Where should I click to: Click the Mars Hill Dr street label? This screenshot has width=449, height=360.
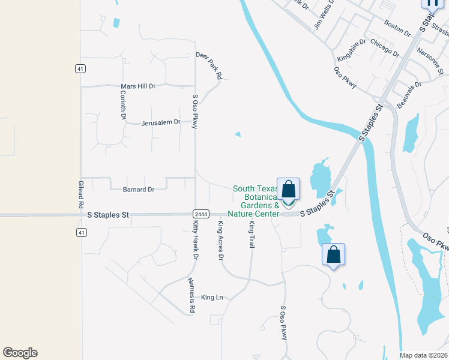tap(138, 86)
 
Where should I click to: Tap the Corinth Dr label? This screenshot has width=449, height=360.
tap(123, 107)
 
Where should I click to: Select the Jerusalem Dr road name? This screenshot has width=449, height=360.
tap(161, 122)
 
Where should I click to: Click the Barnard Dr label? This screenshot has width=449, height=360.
tap(139, 190)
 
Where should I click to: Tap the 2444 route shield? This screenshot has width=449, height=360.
tap(201, 214)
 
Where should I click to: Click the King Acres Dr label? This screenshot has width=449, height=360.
tap(221, 241)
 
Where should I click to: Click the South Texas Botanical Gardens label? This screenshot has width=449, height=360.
tap(256, 202)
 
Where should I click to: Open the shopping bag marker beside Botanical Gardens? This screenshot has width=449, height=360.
tap(288, 190)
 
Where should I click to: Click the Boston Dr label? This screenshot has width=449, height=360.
tap(397, 28)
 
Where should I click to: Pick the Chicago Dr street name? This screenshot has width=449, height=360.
tap(385, 47)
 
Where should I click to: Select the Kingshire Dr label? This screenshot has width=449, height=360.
tap(352, 50)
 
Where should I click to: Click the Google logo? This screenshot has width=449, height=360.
tap(20, 353)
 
